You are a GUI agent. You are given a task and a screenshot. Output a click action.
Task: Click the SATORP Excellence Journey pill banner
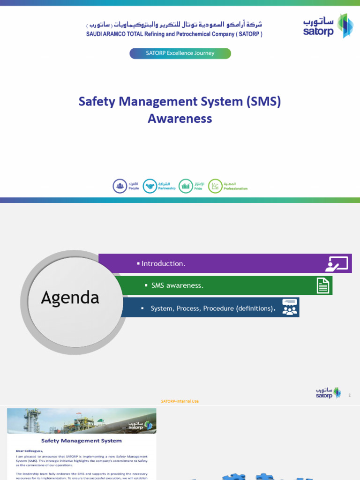pyautogui.click(x=180, y=53)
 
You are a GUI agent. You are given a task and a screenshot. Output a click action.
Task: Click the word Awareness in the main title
pyautogui.click(x=180, y=119)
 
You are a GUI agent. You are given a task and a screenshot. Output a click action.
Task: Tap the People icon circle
pyautogui.click(x=120, y=186)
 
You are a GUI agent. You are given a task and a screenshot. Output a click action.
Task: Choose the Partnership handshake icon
pyautogui.click(x=150, y=186)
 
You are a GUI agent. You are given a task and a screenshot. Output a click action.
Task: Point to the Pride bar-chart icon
pyautogui.click(x=186, y=186)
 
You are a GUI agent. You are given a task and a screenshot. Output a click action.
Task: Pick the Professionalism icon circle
pyautogui.click(x=215, y=186)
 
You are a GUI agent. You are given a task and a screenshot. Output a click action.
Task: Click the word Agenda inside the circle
pyautogui.click(x=70, y=298)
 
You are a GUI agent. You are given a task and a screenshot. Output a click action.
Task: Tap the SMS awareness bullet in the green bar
pyautogui.click(x=177, y=285)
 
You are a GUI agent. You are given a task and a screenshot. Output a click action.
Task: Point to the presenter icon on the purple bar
pyautogui.click(x=337, y=264)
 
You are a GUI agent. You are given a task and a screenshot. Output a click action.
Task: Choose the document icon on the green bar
pyautogui.click(x=323, y=285)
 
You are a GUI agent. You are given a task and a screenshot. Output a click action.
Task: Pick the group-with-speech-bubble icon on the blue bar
pyautogui.click(x=290, y=307)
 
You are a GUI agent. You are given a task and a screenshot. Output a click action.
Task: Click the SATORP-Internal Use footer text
pyautogui.click(x=180, y=401)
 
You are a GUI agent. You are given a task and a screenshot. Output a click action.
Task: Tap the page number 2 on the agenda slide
pyautogui.click(x=349, y=395)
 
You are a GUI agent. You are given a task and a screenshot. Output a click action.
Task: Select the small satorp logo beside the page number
pyautogui.click(x=328, y=393)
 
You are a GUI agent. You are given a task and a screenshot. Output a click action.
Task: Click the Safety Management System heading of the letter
pyautogui.click(x=81, y=441)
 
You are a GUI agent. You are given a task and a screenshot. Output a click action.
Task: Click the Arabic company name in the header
pyautogui.click(x=174, y=24)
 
